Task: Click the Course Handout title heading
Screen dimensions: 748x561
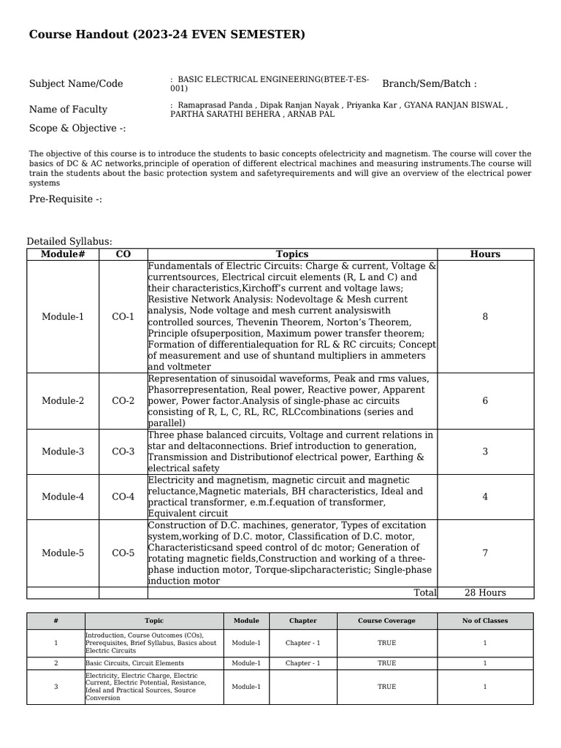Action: coord(167,35)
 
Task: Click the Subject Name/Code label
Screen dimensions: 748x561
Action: coord(76,84)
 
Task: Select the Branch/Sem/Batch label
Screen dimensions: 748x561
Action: coord(429,84)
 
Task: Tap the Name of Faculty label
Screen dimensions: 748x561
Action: coord(68,110)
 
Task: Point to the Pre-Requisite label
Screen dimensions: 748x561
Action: coord(66,199)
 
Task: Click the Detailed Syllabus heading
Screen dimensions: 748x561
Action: coord(69,242)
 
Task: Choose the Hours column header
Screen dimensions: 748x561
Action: coord(485,254)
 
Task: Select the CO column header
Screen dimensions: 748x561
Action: coord(123,254)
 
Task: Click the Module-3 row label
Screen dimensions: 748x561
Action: coord(63,451)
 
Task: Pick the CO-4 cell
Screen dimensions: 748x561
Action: coord(123,497)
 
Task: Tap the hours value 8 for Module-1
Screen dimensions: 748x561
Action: coord(485,317)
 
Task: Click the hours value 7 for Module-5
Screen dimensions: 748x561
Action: coord(485,553)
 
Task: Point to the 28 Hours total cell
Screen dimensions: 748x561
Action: coord(485,592)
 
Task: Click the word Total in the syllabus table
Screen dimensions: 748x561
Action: coord(425,592)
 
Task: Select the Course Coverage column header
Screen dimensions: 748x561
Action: coord(386,621)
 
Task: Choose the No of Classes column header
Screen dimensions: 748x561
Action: coord(485,621)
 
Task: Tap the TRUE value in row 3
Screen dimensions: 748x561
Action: coord(386,687)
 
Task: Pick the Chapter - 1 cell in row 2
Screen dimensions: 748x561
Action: coord(302,663)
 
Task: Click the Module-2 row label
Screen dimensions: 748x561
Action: coord(63,401)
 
